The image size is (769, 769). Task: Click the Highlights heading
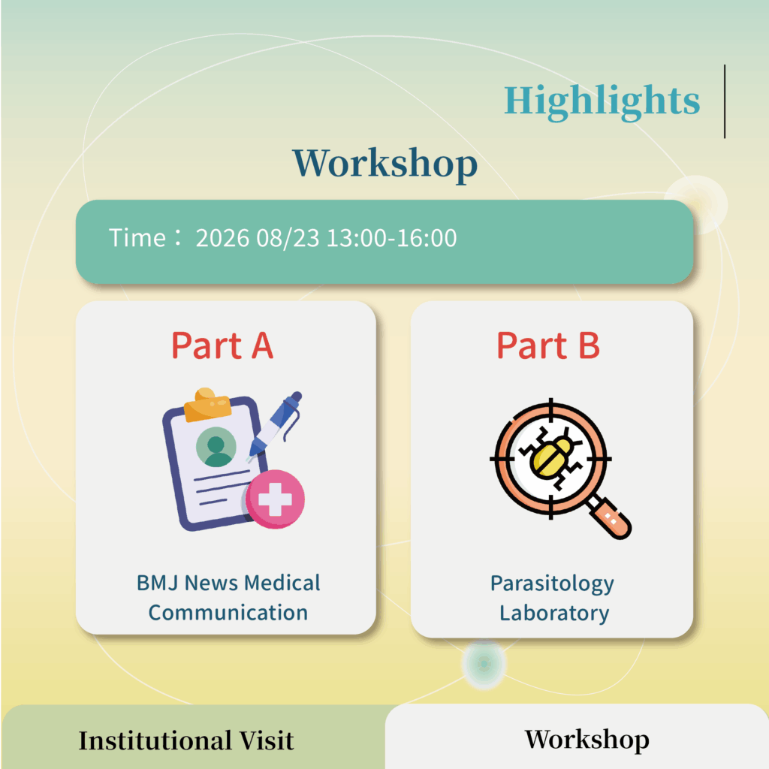pyautogui.click(x=602, y=101)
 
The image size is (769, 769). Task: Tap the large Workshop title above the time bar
pyautogui.click(x=385, y=164)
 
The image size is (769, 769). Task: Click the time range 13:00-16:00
pyautogui.click(x=392, y=238)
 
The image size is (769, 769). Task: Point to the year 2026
pyautogui.click(x=222, y=238)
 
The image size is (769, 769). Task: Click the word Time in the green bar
pyautogui.click(x=137, y=238)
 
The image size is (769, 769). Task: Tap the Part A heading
pyautogui.click(x=222, y=345)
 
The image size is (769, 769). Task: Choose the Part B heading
pyautogui.click(x=547, y=345)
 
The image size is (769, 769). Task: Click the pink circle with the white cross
pyautogui.click(x=275, y=499)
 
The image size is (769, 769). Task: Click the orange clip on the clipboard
pyautogui.click(x=207, y=405)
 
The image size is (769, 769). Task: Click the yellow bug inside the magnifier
pyautogui.click(x=550, y=458)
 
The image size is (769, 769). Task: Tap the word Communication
pyautogui.click(x=228, y=613)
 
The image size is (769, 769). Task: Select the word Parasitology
pyautogui.click(x=552, y=584)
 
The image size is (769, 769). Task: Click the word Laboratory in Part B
pyautogui.click(x=554, y=614)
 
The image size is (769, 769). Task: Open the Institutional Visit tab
pyautogui.click(x=186, y=740)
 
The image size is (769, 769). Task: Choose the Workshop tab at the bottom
pyautogui.click(x=587, y=740)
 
